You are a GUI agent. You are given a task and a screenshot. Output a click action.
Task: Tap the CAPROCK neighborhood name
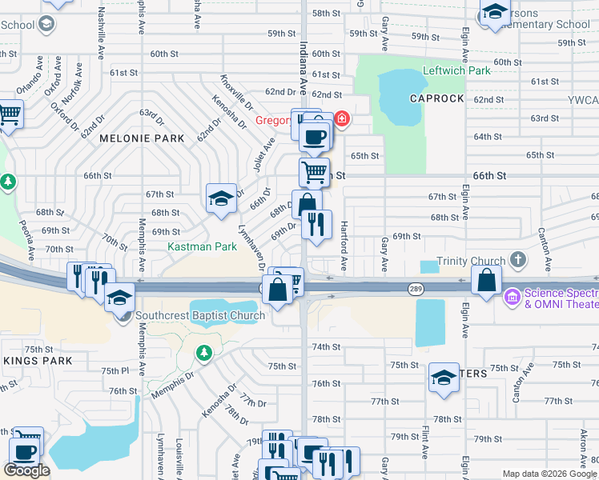pyautogui.click(x=436, y=98)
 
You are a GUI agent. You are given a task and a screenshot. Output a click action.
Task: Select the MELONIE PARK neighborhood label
pyautogui.click(x=142, y=138)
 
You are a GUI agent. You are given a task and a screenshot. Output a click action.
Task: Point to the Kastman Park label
pyautogui.click(x=202, y=247)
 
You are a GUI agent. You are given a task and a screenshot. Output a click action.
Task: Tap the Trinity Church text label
pyautogui.click(x=471, y=262)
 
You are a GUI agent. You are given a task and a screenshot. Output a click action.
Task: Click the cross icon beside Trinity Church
pyautogui.click(x=518, y=259)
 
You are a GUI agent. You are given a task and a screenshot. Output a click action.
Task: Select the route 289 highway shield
pyautogui.click(x=416, y=289)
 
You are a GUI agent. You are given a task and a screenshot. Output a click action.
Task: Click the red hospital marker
pyautogui.click(x=343, y=120)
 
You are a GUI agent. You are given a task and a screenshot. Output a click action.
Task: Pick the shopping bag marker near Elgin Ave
pyautogui.click(x=486, y=280)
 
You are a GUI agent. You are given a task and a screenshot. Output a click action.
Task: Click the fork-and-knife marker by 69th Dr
pyautogui.click(x=317, y=225)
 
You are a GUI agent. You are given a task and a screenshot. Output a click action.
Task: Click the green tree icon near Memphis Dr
pyautogui.click(x=203, y=352)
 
